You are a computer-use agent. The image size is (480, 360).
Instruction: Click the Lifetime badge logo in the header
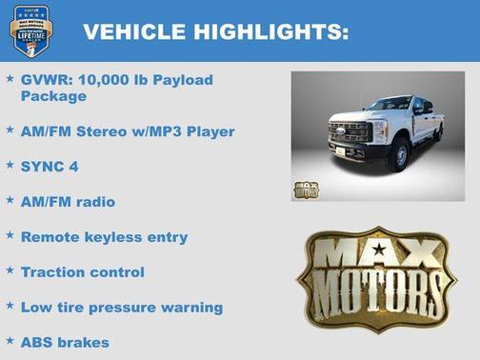point(30,30)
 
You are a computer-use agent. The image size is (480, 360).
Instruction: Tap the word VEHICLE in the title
point(133,32)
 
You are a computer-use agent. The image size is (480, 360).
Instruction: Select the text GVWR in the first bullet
point(44,80)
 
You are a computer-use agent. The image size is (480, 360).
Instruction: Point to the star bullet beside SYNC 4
point(10,165)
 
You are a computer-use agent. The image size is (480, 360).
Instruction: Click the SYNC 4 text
point(50,166)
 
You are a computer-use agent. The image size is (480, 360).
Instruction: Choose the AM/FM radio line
point(67,201)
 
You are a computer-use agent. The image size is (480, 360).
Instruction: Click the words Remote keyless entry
point(104,237)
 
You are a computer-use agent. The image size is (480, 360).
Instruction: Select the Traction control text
point(83,272)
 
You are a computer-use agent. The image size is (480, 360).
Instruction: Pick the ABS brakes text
point(65,342)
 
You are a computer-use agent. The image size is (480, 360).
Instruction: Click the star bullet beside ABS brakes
point(10,340)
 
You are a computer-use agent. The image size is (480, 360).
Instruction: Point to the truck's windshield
point(390,104)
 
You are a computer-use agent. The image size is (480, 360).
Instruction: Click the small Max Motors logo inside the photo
point(307,189)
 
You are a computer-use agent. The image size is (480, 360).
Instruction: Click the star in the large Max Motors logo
point(379,250)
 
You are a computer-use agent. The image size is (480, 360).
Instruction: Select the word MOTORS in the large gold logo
point(378,291)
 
